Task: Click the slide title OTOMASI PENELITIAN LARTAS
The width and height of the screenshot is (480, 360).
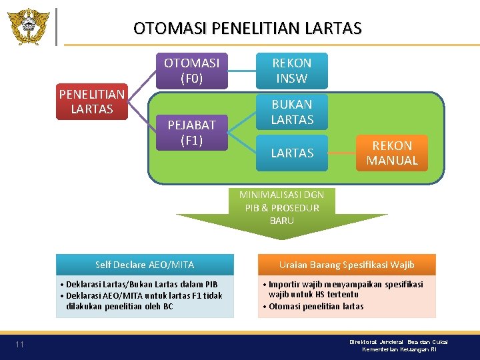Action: point(247,28)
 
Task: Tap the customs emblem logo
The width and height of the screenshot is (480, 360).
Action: point(28,26)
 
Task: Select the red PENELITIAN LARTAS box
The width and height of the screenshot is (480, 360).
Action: point(91,101)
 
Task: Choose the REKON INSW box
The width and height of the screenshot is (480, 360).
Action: point(292,71)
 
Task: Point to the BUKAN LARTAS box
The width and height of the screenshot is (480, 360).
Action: point(292,111)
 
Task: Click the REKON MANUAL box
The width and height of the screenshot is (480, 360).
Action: point(392,153)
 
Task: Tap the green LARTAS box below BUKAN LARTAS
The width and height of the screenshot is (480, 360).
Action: point(292,153)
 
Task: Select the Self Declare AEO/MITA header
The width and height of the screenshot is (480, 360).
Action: point(145,265)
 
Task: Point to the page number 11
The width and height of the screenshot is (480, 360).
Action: point(20,345)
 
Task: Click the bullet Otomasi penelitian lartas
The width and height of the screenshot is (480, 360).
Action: point(316,306)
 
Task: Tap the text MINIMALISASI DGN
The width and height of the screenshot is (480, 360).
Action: point(282,195)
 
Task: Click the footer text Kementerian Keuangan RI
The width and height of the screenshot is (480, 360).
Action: point(405,349)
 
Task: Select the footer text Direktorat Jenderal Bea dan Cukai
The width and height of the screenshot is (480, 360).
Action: point(399,341)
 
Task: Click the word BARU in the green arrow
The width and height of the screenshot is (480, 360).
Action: point(282,221)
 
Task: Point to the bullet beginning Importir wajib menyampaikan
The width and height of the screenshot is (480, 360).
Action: point(345,289)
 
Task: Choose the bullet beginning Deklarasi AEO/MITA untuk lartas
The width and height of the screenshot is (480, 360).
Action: point(143,301)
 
